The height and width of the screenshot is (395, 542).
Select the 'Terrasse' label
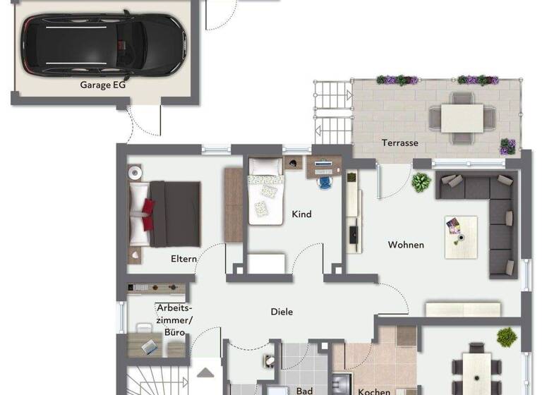tap(400, 142)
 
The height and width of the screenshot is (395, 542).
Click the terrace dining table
tap(463, 117)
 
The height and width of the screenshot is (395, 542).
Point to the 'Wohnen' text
tap(406, 245)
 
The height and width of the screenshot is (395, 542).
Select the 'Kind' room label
tap(301, 214)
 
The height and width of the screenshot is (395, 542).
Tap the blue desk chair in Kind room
tap(324, 182)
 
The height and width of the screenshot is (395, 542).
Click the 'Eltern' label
tap(183, 259)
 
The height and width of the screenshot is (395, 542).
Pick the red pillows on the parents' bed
tap(147, 214)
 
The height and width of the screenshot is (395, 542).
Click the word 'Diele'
tap(282, 311)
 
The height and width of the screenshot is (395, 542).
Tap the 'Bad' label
tap(305, 390)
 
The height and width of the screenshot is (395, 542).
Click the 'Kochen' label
tap(374, 390)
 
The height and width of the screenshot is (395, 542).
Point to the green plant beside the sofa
tap(421, 182)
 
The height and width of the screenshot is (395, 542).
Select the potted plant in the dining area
tap(506, 337)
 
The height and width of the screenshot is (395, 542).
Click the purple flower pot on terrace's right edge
tap(507, 147)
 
